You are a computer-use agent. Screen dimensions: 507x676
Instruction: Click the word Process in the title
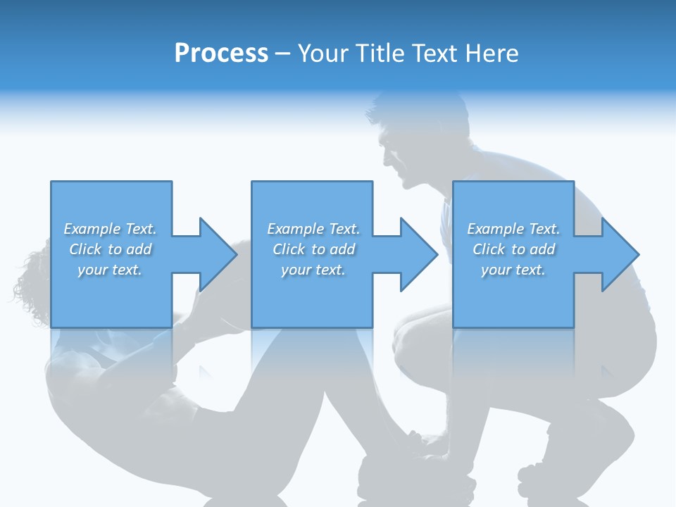(x=221, y=54)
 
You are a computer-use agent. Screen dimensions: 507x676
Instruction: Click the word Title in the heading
(x=380, y=54)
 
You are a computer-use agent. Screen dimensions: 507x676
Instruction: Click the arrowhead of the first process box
(x=218, y=254)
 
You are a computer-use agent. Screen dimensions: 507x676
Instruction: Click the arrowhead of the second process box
(x=419, y=254)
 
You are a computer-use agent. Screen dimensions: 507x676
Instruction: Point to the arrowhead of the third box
(x=620, y=254)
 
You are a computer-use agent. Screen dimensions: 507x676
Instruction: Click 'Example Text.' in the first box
(x=110, y=229)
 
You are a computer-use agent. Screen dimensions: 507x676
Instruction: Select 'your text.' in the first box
(x=110, y=270)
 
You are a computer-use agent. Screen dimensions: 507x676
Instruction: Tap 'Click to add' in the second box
(x=313, y=249)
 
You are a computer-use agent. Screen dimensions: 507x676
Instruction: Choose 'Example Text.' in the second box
(x=313, y=229)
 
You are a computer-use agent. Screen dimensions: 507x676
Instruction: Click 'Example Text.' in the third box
(x=513, y=229)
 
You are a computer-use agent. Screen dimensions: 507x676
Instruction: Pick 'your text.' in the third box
(x=513, y=270)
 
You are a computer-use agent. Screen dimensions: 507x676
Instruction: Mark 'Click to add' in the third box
(x=513, y=249)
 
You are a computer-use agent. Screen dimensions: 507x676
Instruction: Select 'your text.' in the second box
(x=313, y=270)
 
